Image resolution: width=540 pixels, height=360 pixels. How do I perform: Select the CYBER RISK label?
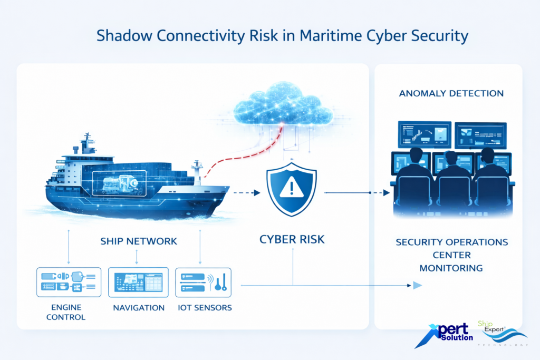(292, 239)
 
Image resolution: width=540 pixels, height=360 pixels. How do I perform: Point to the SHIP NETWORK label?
(139, 241)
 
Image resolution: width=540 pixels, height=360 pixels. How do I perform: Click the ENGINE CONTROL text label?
(66, 312)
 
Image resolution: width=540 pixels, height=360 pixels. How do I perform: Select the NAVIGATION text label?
(139, 307)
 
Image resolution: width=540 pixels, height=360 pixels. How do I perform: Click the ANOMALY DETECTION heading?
(451, 93)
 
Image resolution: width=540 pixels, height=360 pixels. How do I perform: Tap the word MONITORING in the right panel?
(451, 268)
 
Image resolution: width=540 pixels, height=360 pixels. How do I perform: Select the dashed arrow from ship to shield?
(245, 193)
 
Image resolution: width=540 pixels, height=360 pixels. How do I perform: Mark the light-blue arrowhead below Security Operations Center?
(417, 285)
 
